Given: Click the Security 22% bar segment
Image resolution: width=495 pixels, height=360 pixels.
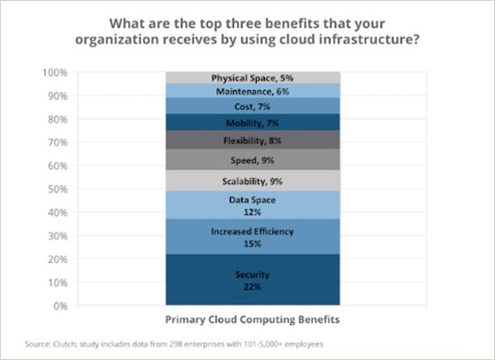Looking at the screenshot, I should (x=239, y=280).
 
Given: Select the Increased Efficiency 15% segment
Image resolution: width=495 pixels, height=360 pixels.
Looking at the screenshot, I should (x=239, y=237).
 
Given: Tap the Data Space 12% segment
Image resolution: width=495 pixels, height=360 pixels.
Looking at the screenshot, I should (x=239, y=204).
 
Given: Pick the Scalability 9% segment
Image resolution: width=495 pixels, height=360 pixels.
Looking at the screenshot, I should (x=239, y=180).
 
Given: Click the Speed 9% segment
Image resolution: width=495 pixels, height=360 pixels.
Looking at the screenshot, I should (x=239, y=159).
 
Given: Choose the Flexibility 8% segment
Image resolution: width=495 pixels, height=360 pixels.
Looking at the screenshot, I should (x=239, y=139).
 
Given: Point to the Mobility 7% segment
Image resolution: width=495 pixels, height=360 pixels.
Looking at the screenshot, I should (x=239, y=121).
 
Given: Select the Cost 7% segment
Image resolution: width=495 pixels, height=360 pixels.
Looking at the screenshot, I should (x=239, y=106).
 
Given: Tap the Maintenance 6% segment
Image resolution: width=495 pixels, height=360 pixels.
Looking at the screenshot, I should (x=239, y=91).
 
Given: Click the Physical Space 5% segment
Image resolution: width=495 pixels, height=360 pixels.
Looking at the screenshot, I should (x=239, y=77).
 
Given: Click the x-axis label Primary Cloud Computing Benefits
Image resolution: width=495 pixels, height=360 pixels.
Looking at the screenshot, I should (x=239, y=320).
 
